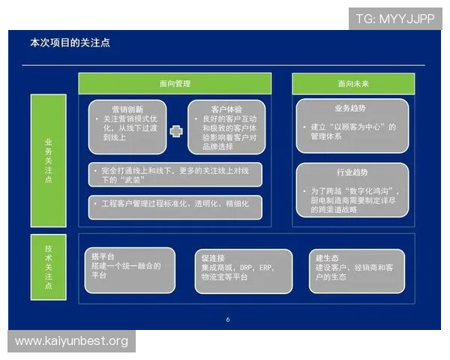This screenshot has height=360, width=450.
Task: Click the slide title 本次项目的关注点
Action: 70,43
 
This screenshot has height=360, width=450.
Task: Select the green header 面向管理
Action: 175,84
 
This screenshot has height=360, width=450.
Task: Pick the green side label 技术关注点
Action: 49,268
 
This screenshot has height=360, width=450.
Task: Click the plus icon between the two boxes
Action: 176,131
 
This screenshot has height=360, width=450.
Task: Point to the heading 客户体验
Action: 226,109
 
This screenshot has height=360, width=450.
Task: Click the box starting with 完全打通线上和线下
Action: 175,175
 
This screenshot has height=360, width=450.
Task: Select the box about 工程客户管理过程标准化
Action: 175,204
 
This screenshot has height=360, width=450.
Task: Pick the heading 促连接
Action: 212,257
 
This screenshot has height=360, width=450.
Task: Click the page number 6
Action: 227,319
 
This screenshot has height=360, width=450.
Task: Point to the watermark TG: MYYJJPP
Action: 396,18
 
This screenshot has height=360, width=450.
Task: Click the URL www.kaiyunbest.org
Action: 71,341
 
